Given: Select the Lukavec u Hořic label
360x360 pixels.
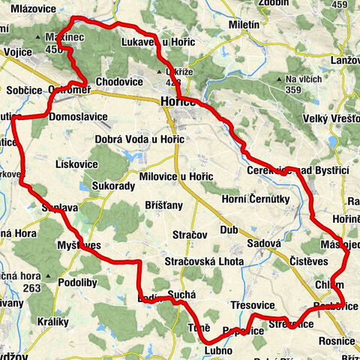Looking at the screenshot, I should click(157, 42).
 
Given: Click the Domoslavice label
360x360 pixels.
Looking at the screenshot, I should click(77, 117).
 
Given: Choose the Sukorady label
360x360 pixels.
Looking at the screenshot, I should click(112, 184).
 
